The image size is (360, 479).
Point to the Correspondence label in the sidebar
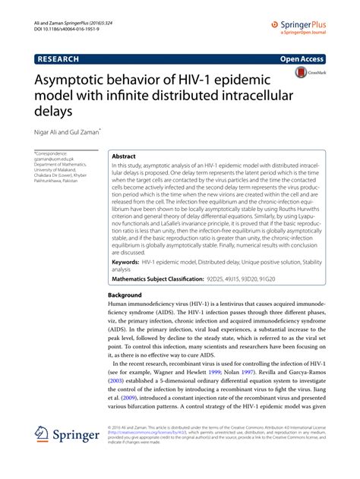tap(55, 153)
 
